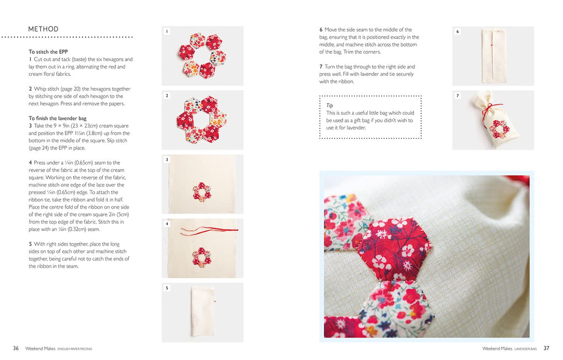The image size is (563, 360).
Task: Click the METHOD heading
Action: [x=43, y=29]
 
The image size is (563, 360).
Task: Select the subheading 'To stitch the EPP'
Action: [x=48, y=52]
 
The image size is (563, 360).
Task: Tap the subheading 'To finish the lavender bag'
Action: [x=57, y=118]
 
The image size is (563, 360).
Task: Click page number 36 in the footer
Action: [x=16, y=348]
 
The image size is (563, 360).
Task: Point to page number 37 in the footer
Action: [x=546, y=348]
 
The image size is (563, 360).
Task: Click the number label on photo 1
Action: [x=167, y=31]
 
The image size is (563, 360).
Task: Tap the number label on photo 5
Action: [x=167, y=288]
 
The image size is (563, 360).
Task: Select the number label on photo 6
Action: [x=457, y=31]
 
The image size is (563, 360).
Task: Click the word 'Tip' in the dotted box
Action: [x=329, y=106]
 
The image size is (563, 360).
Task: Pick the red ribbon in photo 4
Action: [x=209, y=230]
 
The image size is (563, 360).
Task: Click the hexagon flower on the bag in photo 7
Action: [x=499, y=129]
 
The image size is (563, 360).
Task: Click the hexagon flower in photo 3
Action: [x=202, y=192]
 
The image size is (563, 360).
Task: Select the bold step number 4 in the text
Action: [x=30, y=163]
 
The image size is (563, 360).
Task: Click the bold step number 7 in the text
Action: [x=321, y=67]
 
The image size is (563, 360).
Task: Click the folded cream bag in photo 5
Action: [x=203, y=311]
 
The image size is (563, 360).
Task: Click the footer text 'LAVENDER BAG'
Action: [x=525, y=349]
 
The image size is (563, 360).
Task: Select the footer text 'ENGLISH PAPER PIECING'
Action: [x=75, y=349]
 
